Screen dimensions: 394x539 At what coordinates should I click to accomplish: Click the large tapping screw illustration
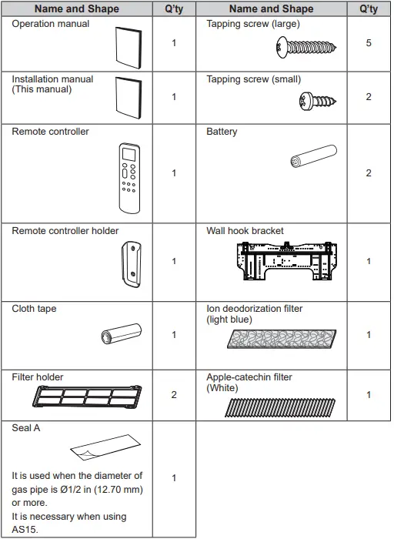click(x=306, y=48)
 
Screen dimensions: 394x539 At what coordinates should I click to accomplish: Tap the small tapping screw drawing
click(x=318, y=101)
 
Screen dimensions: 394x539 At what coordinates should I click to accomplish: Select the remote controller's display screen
click(x=129, y=154)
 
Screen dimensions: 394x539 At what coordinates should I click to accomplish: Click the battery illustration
click(x=314, y=156)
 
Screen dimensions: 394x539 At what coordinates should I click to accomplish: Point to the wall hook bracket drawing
click(x=286, y=261)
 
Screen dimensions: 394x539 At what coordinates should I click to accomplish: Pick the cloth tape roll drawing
click(x=122, y=333)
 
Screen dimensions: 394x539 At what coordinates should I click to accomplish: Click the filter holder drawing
click(x=87, y=397)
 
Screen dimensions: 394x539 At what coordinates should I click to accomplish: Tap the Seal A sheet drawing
click(x=105, y=447)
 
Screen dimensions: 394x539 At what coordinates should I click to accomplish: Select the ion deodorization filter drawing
click(x=282, y=339)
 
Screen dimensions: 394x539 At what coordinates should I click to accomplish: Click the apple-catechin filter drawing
click(x=280, y=407)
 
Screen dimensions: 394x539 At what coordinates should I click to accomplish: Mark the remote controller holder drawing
click(x=131, y=264)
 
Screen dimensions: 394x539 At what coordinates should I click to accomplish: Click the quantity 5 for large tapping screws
click(x=369, y=43)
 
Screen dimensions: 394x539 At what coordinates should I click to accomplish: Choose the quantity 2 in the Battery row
click(x=369, y=173)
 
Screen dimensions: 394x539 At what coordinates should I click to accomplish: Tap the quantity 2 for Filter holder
click(x=174, y=394)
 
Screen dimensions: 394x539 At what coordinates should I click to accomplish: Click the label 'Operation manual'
click(x=51, y=24)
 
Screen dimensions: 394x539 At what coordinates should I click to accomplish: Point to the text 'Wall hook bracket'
click(x=245, y=231)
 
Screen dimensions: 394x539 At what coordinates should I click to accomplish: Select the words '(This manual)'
click(x=42, y=89)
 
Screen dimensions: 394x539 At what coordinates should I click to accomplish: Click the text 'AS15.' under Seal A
click(x=25, y=530)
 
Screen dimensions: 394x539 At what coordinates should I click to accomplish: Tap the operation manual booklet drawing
click(x=129, y=48)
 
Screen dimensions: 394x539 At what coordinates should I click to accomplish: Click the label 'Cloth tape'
click(x=34, y=309)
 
